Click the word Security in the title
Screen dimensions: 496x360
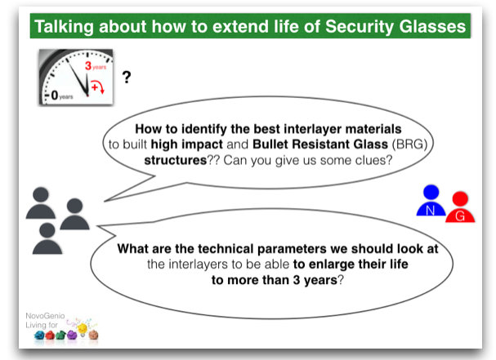pos(359,27)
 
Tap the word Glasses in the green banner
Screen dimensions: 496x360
pos(432,26)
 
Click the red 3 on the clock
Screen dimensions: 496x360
pos(88,66)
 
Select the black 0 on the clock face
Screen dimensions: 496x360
pos(55,95)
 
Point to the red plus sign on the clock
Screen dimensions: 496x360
pos(94,87)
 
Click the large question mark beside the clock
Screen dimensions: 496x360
pos(127,77)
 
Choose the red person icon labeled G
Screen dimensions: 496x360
pos(460,207)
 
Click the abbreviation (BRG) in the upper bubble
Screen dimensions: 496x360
pos(409,144)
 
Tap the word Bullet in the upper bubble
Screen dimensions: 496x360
pos(270,144)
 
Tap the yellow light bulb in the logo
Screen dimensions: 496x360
pos(83,329)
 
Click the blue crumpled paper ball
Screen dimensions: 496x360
pos(39,335)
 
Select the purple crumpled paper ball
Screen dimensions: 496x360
pos(72,335)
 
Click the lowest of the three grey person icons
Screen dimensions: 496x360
pos(47,238)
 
